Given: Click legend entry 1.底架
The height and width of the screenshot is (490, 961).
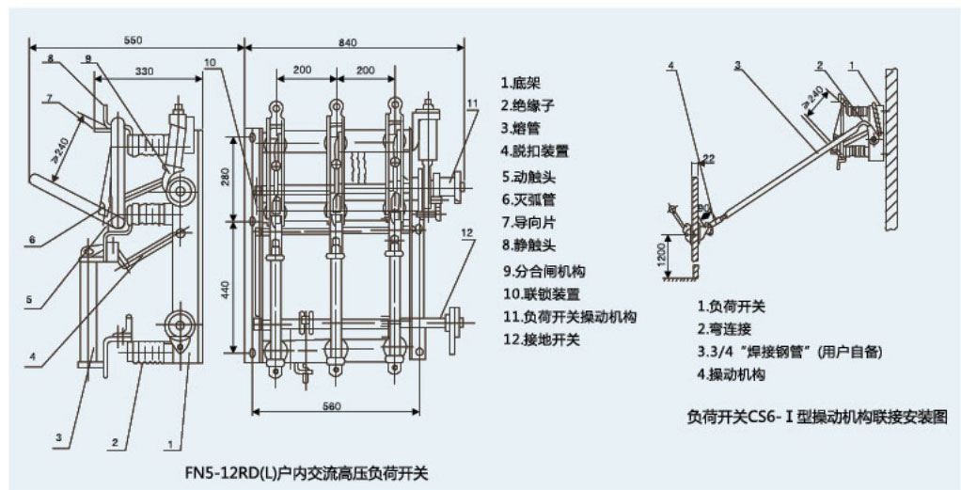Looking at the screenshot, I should pos(521,83).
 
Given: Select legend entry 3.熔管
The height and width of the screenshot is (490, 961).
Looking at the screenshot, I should pos(521,128).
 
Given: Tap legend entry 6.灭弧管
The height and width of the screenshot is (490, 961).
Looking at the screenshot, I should pos(528,198).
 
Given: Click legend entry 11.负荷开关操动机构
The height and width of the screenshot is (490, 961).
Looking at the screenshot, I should pos(568,317).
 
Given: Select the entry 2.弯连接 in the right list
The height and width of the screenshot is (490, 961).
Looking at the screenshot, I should pos(724,329).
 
